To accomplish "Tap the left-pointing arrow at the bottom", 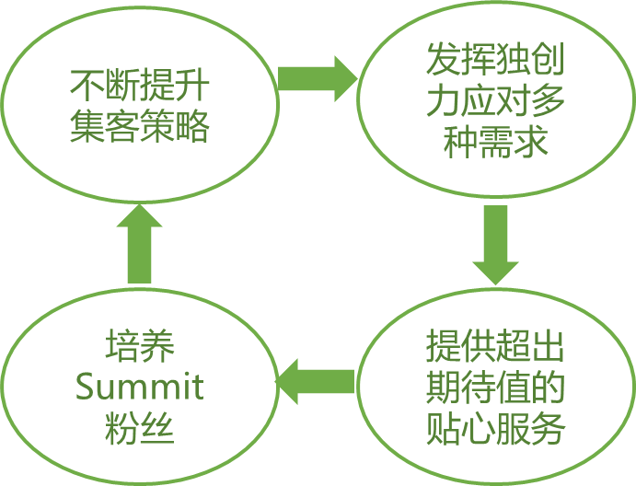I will coord(315,381).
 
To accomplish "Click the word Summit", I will coord(139,388).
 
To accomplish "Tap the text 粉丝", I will coord(139,428).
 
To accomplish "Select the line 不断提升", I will coord(139,87).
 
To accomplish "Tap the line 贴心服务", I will coord(495,429).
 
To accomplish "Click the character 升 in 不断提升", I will coord(191,87).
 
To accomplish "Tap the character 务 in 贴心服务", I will coord(548,429).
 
